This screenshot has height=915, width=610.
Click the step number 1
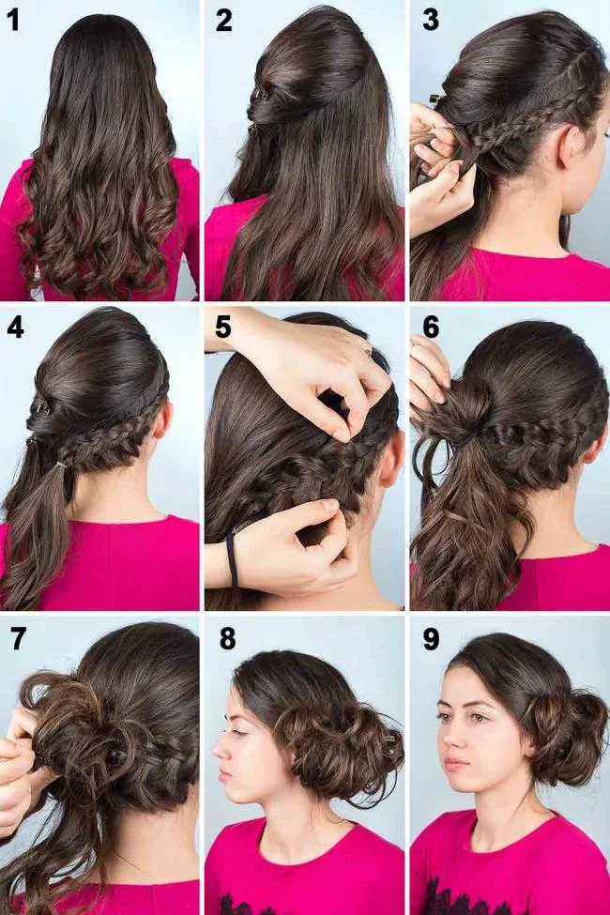[x=13, y=21]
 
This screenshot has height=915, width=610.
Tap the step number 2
[x=223, y=20]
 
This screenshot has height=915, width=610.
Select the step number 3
[x=430, y=20]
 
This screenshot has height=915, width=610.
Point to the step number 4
[x=14, y=328]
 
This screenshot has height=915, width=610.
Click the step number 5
[x=222, y=328]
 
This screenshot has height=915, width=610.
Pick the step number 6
[x=431, y=328]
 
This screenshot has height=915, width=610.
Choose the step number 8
[x=227, y=639]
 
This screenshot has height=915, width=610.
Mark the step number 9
[x=431, y=639]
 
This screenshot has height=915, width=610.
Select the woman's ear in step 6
[x=593, y=441]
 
